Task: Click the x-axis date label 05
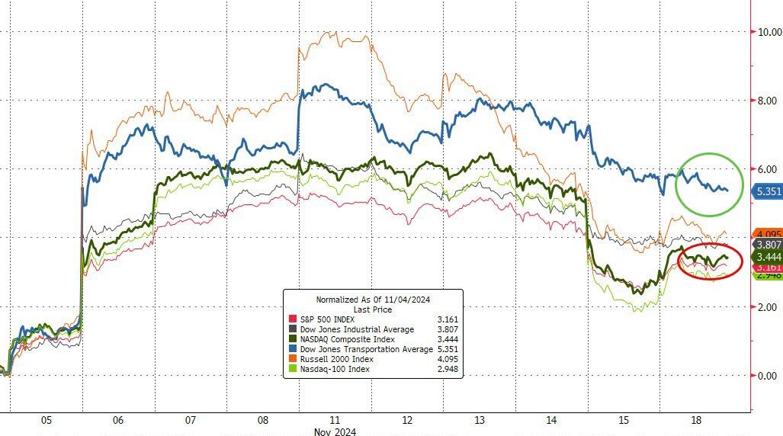point(46,420)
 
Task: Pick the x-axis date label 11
point(335,420)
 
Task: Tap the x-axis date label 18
point(696,420)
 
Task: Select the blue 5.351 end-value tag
point(767,191)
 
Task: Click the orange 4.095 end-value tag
point(767,234)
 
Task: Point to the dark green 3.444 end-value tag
point(767,258)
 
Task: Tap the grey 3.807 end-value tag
point(767,245)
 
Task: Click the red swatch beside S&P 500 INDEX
point(291,319)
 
